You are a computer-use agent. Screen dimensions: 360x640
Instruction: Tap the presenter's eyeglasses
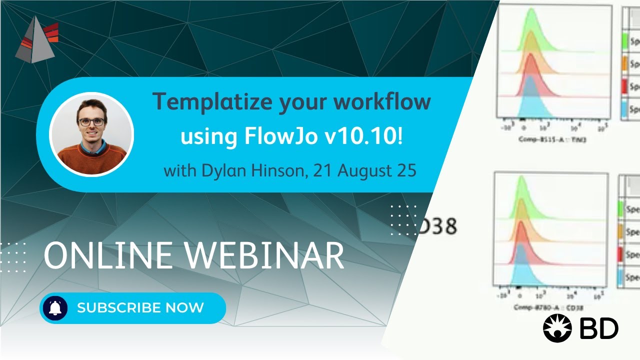(91, 121)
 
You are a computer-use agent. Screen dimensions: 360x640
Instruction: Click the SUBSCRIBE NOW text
(140, 307)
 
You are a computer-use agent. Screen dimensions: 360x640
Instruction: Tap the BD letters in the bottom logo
(599, 328)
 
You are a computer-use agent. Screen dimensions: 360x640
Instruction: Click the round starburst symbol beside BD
(557, 328)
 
